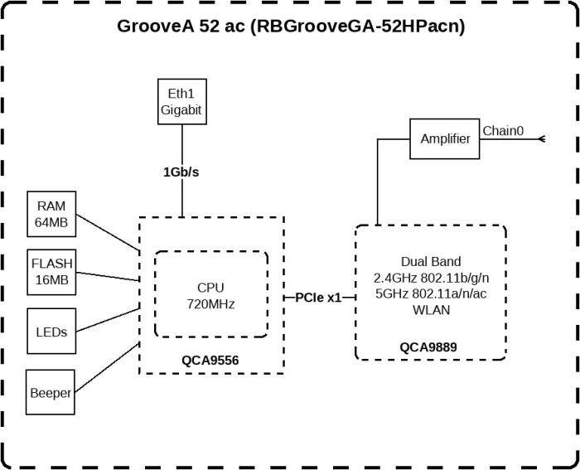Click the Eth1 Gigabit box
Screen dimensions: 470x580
(181, 101)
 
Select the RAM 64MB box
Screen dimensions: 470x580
(51, 213)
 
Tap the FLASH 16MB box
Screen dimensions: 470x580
(51, 272)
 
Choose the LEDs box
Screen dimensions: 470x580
(51, 331)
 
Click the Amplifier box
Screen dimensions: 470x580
(445, 138)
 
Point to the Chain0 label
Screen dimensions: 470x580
(503, 131)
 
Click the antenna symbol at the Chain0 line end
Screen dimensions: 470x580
(542, 138)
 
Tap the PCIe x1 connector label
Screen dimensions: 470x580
(319, 298)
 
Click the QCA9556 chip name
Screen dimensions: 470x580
(210, 361)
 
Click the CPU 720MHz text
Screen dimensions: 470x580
(210, 296)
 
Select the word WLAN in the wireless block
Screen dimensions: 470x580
(430, 311)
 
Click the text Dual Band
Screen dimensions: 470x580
(430, 261)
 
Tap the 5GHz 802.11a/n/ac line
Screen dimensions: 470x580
(430, 294)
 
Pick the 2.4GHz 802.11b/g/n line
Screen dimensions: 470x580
(430, 278)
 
